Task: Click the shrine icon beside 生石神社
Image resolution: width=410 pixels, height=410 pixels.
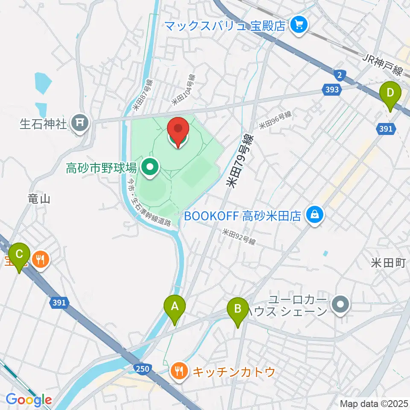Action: pos(79,124)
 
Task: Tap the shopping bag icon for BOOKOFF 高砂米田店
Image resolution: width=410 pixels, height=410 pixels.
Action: pos(315,214)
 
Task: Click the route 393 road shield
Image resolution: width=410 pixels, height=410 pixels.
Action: pos(331,90)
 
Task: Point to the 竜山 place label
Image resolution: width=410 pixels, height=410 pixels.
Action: pos(39,199)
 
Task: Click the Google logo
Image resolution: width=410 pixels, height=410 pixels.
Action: pos(29,400)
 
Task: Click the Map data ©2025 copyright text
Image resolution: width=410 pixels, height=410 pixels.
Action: pos(373,403)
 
